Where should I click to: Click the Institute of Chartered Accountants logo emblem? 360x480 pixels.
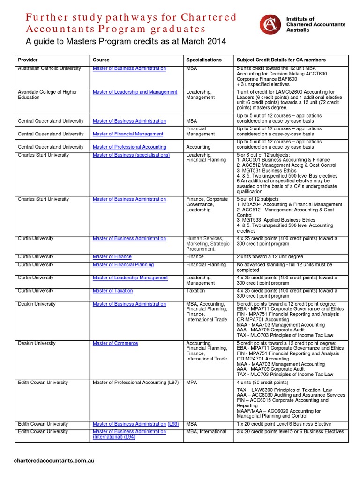pos(270,24)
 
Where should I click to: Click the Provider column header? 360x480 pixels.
pos(28,60)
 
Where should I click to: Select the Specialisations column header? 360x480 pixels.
pos(203,60)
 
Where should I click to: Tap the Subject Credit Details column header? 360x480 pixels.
pos(281,60)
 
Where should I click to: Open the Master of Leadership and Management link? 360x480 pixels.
pos(135,92)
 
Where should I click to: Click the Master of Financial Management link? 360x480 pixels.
pos(128,134)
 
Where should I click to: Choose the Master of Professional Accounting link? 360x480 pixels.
pos(129,147)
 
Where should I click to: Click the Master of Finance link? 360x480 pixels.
pos(112,257)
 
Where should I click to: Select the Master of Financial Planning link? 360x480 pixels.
pos(123,265)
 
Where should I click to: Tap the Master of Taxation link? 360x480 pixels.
pos(113,291)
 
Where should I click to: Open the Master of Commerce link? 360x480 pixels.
pos(115,344)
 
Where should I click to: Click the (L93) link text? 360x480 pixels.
pos(173,424)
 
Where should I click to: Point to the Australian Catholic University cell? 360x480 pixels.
pos(49,68)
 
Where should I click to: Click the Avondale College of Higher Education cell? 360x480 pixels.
pos(47,95)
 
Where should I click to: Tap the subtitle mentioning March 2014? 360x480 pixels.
pos(125,42)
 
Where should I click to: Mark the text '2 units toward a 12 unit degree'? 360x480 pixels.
pos(270,257)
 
